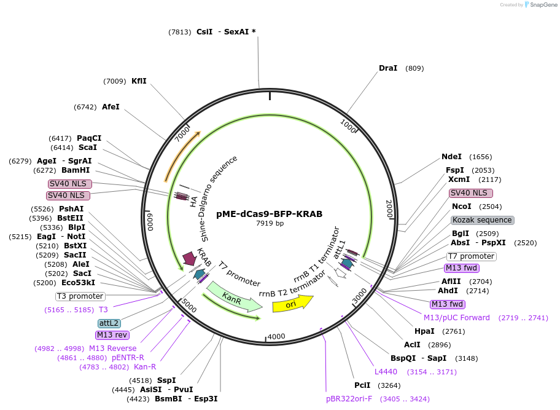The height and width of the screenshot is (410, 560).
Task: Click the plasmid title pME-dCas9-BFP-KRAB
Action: [269, 214]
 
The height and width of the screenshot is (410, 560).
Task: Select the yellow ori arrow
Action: [292, 303]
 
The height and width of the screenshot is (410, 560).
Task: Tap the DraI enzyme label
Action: [388, 68]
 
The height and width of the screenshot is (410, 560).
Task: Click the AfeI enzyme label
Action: [111, 106]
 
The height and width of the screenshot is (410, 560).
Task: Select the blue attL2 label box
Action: [109, 323]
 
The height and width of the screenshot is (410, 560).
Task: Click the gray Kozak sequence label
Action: [482, 220]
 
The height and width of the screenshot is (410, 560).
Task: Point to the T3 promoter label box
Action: [80, 296]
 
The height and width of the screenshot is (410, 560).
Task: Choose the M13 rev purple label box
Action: [112, 335]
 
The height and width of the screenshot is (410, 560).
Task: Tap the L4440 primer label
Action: [386, 371]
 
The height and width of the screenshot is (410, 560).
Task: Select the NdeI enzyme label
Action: [451, 157]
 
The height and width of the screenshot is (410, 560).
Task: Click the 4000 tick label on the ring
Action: [276, 336]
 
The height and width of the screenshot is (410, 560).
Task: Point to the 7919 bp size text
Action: [270, 224]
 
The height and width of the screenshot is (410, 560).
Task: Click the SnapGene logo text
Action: [542, 5]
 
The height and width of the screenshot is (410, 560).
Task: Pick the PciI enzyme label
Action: [362, 385]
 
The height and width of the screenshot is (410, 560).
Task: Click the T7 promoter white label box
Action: [471, 256]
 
